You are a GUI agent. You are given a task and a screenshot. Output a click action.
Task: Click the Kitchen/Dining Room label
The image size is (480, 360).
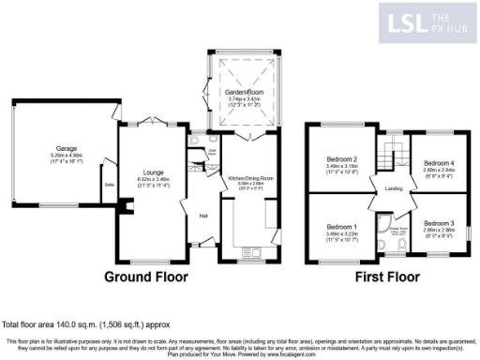tap(249, 177)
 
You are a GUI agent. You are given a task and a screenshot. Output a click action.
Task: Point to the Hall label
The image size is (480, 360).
tap(202, 216)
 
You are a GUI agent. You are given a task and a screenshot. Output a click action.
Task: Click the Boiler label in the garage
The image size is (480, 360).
tap(109, 185)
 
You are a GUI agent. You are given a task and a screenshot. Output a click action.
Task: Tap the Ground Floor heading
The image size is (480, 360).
tap(145, 277)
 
